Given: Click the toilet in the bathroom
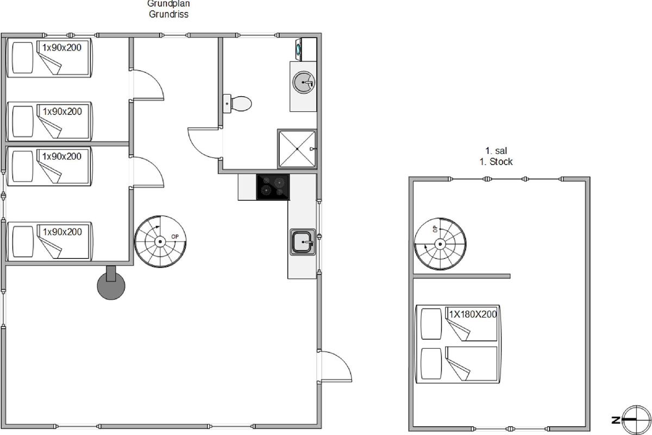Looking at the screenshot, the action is click(x=237, y=103).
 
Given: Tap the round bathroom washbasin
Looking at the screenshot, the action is click(x=304, y=83).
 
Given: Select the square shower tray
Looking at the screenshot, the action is click(x=297, y=149).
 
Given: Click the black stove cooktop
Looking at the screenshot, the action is click(x=273, y=187).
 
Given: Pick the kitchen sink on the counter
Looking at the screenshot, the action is click(x=303, y=242).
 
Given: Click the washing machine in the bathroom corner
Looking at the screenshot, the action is click(x=306, y=49).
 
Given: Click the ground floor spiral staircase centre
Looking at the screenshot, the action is click(x=160, y=241).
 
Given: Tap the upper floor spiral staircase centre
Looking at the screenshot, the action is click(x=440, y=244).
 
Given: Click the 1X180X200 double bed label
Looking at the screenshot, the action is click(x=473, y=314).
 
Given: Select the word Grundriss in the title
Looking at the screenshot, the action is click(x=168, y=14).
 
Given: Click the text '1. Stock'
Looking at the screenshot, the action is click(x=496, y=161).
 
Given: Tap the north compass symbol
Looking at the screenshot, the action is click(x=636, y=420).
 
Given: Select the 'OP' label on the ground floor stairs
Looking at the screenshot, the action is click(x=174, y=237).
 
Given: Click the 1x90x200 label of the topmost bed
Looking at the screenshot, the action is click(x=62, y=47).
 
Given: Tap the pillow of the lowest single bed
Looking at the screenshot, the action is click(x=23, y=241).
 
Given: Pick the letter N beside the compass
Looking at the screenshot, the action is click(x=616, y=420).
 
